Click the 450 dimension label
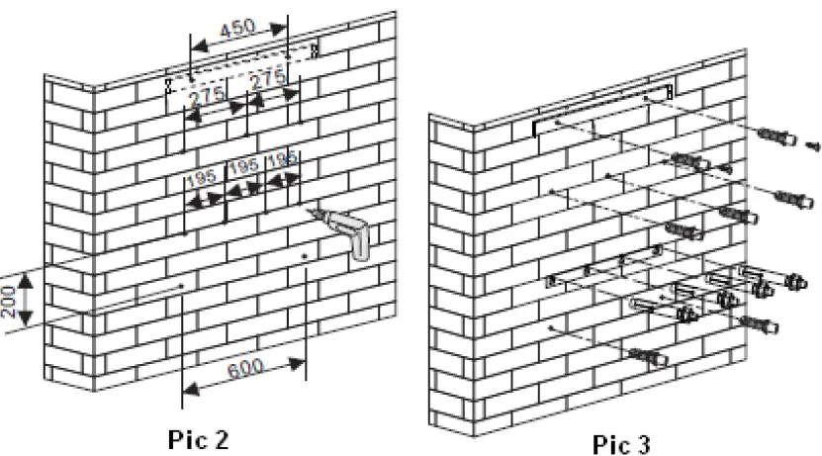pyautogui.click(x=237, y=29)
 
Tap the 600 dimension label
pyautogui.click(x=245, y=369)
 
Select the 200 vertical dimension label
pyautogui.click(x=8, y=302)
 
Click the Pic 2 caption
pyautogui.click(x=198, y=439)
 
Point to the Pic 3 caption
pyautogui.click(x=622, y=444)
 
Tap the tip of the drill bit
pyautogui.click(x=310, y=210)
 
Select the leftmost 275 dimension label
pyautogui.click(x=207, y=98)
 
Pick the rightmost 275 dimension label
pyautogui.click(x=268, y=80)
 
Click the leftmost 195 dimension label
pyautogui.click(x=202, y=179)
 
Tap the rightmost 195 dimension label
pyautogui.click(x=282, y=159)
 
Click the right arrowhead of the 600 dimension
pyautogui.click(x=297, y=363)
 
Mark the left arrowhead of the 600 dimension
pyautogui.click(x=191, y=389)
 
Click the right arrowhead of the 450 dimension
pyautogui.click(x=279, y=29)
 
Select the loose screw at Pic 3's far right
pyautogui.click(x=812, y=145)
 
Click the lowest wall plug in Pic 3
pyautogui.click(x=648, y=358)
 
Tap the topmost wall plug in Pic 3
pyautogui.click(x=776, y=137)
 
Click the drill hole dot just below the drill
pyautogui.click(x=305, y=256)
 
